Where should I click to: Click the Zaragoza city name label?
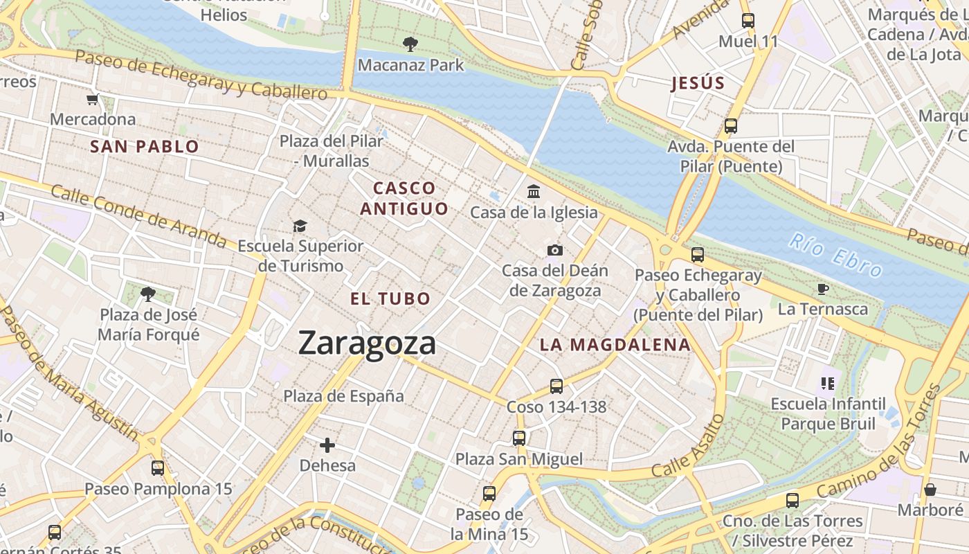tap(367, 343)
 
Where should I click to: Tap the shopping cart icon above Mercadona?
tap(93, 100)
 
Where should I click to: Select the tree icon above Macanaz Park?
tap(410, 45)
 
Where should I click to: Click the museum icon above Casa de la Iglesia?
tap(534, 191)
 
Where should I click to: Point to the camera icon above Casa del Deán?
tap(554, 250)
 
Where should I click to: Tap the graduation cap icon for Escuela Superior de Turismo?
tap(300, 226)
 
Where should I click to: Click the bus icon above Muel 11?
tap(748, 21)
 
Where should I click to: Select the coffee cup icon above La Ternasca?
tap(822, 289)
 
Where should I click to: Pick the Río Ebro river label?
tap(836, 256)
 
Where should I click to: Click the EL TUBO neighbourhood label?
tap(390, 299)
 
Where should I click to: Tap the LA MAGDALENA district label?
tap(615, 345)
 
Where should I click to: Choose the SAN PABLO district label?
tap(145, 146)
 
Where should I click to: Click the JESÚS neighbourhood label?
tap(698, 84)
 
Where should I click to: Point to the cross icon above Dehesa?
tap(327, 445)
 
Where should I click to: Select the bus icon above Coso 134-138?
tap(556, 386)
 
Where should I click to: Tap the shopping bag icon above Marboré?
tap(930, 490)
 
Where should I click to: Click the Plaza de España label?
tap(343, 396)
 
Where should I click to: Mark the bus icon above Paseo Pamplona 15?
tap(158, 468)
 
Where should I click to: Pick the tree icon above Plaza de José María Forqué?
tap(148, 294)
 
